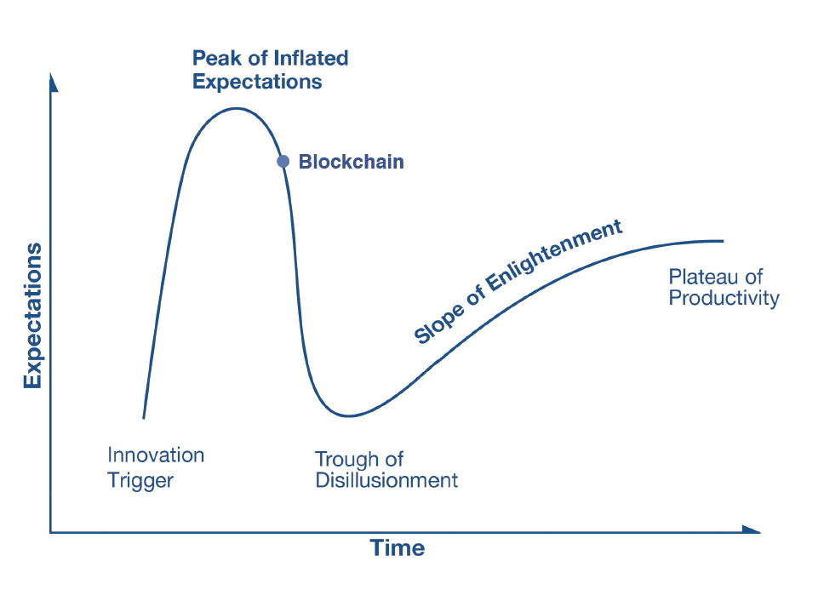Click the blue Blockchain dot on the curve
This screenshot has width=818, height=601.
283,161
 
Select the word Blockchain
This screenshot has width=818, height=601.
351,162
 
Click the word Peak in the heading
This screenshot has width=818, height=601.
217,59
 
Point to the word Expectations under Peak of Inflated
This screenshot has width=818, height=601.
257,82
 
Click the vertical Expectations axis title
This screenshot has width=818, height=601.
32,316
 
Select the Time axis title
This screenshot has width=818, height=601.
398,548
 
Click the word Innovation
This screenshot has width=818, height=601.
156,455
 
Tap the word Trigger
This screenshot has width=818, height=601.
140,481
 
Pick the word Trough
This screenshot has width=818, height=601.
345,460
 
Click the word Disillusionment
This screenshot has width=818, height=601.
386,480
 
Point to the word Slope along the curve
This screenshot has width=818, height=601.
438,325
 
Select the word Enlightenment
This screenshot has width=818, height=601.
554,255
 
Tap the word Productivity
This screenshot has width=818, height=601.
724,299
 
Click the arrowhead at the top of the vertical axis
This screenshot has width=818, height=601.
53,83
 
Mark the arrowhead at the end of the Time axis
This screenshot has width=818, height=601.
752,529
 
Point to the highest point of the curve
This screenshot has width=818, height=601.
237,108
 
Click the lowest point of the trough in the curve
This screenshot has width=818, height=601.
348,415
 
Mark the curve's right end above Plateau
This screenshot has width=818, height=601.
723,241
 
